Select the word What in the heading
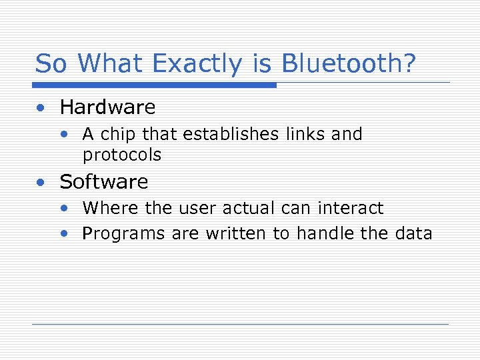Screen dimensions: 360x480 pyautogui.click(x=111, y=64)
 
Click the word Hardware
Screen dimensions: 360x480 pyautogui.click(x=107, y=107)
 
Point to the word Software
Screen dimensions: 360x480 pyautogui.click(x=104, y=182)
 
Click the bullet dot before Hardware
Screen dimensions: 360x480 pyautogui.click(x=42, y=108)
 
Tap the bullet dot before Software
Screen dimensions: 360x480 pyautogui.click(x=42, y=183)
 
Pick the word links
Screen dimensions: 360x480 pyautogui.click(x=306, y=134)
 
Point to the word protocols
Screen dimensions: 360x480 pyautogui.click(x=122, y=155)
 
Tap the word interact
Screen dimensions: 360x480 pyautogui.click(x=350, y=209)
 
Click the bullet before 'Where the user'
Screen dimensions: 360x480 pyautogui.click(x=64, y=209)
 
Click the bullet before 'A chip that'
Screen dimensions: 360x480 pyautogui.click(x=64, y=135)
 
